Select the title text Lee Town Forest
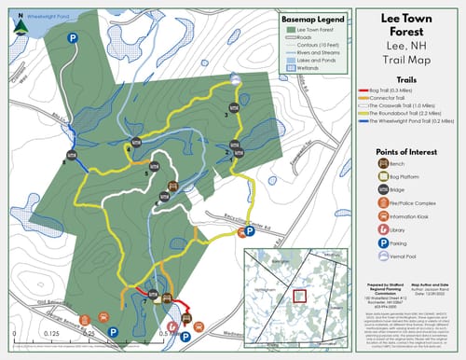(x=411, y=27)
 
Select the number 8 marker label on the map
(x=63, y=162)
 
